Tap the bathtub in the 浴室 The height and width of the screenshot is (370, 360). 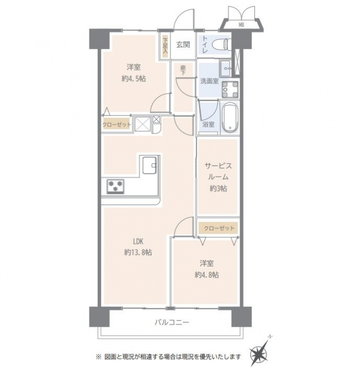230,117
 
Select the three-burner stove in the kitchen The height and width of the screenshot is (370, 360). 116,187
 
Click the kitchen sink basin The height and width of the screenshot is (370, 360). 149,165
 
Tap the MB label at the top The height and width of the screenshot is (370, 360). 241,24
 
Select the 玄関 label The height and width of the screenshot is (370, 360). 183,44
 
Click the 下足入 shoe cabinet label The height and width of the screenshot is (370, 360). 165,45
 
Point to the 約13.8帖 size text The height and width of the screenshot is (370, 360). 138,253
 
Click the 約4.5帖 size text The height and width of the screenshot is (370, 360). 134,79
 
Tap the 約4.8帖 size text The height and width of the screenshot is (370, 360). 206,275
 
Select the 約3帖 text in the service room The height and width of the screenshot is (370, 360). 219,188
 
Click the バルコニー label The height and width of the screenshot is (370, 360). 172,322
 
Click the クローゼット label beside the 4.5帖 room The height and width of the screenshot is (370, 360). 117,125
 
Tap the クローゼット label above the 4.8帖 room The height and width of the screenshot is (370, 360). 219,228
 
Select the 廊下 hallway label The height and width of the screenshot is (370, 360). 183,70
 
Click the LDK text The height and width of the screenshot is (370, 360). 138,242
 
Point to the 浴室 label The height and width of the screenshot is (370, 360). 209,124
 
